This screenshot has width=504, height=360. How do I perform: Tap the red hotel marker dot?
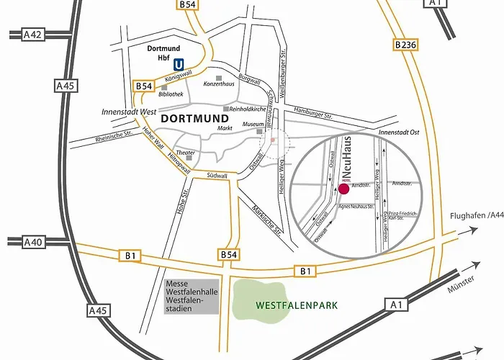click(x=343, y=189)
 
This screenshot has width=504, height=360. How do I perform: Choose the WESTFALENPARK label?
click(x=297, y=305)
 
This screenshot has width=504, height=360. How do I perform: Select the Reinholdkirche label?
click(x=248, y=109)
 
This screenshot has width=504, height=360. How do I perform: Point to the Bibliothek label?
click(x=171, y=94)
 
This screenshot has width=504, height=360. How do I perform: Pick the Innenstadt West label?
click(x=129, y=111)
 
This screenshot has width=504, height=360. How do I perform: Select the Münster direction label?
click(x=460, y=288)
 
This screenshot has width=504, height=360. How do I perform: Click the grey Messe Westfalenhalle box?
click(x=191, y=296)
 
